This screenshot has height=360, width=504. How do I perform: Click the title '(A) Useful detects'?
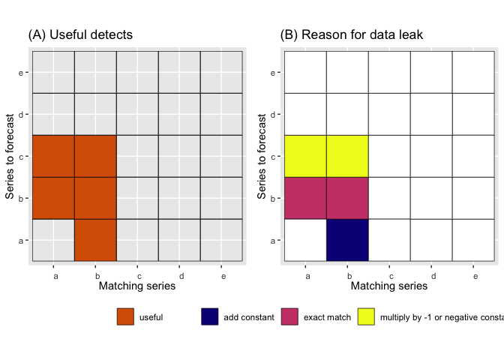tap(80, 35)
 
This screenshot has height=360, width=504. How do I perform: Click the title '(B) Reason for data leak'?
tap(351, 35)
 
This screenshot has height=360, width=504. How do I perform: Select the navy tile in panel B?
tap(347, 240)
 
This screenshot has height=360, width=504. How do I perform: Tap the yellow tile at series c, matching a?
tap(305, 156)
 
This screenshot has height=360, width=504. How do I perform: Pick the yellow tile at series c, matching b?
tap(347, 156)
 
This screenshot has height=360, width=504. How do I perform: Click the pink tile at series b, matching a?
tap(305, 198)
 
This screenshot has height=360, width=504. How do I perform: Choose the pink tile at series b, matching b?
tap(347, 198)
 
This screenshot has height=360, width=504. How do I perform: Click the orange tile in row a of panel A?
tap(95, 240)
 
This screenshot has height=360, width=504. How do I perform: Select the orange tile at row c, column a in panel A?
tap(53, 156)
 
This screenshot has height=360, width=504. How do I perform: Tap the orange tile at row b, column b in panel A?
tap(95, 198)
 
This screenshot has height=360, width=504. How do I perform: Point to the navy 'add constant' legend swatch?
tap(209, 317)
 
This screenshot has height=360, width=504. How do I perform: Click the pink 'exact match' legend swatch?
tap(289, 317)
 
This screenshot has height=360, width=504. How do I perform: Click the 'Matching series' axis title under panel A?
tap(137, 286)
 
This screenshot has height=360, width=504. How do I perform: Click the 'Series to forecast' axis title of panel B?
tap(262, 156)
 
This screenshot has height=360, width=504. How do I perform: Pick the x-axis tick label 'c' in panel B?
tap(389, 275)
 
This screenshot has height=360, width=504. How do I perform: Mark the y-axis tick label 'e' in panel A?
tap(25, 73)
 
